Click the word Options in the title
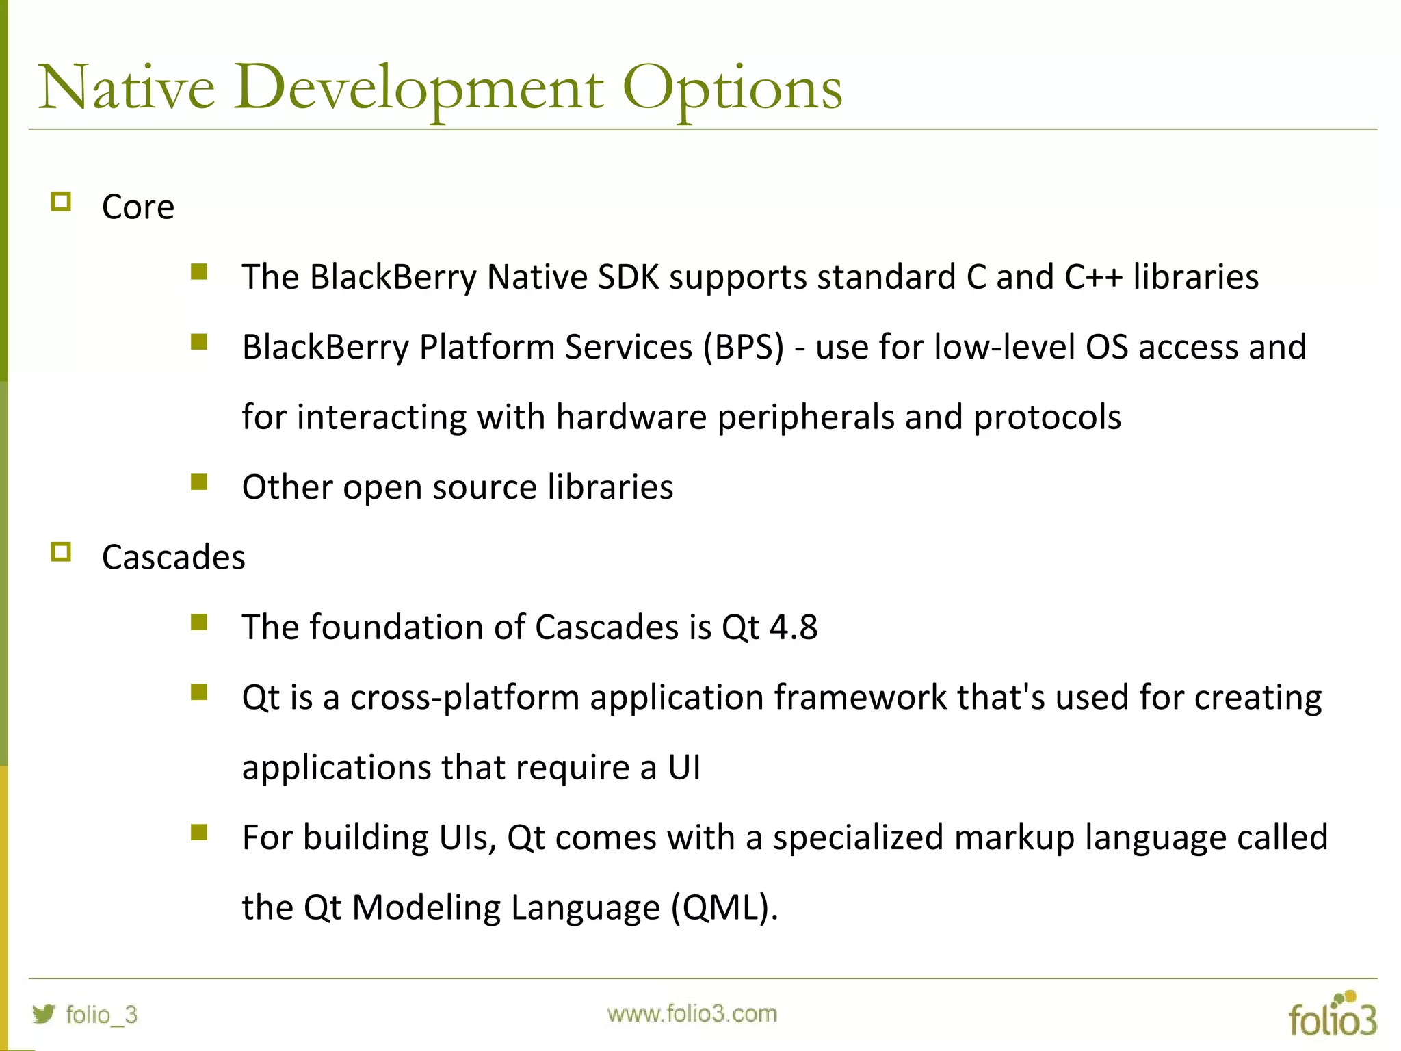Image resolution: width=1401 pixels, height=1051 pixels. click(731, 89)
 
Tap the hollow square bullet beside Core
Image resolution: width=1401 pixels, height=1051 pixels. click(61, 202)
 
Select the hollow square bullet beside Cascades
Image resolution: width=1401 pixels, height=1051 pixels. click(61, 552)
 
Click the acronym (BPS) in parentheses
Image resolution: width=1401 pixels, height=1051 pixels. click(743, 347)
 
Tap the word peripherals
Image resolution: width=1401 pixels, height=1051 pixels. click(805, 417)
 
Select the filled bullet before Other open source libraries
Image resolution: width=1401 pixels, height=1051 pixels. click(199, 482)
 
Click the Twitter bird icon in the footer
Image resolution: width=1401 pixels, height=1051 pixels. click(44, 1013)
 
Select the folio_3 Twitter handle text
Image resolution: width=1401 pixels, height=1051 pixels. click(101, 1015)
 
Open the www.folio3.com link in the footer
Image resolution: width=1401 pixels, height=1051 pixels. click(692, 1013)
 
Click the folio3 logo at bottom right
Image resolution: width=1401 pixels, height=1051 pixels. click(1332, 1015)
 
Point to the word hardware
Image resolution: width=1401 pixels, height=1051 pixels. click(631, 417)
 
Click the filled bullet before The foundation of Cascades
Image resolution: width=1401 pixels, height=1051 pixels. click(199, 622)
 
